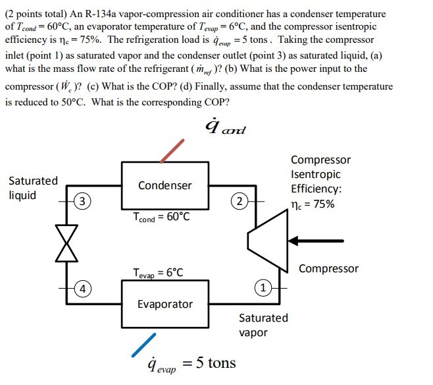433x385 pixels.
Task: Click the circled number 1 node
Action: click(x=262, y=288)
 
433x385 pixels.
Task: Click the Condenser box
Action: click(x=165, y=185)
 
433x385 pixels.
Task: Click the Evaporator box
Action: click(x=165, y=304)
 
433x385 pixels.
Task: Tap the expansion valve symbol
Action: click(x=66, y=243)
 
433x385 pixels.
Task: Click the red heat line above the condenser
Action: click(x=172, y=150)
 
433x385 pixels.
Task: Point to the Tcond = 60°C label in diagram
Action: click(x=161, y=217)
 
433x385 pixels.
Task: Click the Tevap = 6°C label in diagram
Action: click(x=158, y=272)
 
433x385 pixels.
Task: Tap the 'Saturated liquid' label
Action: click(x=33, y=188)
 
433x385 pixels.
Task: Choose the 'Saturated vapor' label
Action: click(x=263, y=325)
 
